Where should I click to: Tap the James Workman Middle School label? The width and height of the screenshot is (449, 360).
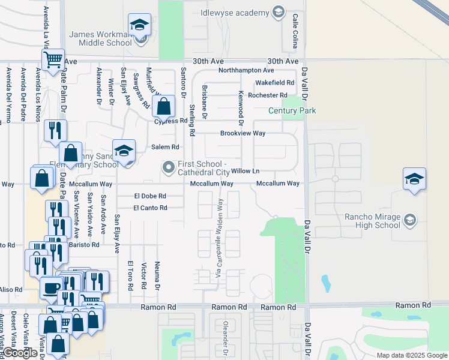[x=100, y=38]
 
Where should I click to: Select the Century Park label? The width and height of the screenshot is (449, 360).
[x=292, y=110]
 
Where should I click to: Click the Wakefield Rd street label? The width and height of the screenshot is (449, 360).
[x=274, y=83]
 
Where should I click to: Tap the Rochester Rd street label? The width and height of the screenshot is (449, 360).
[x=268, y=95]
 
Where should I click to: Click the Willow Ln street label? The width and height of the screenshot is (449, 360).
[x=245, y=171]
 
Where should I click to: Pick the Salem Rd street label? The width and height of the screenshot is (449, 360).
[x=165, y=146]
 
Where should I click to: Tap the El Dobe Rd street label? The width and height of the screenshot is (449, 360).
[x=150, y=196]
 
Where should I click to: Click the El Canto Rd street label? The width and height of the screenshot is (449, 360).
[x=150, y=208]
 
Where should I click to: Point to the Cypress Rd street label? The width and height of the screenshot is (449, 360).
[x=171, y=121]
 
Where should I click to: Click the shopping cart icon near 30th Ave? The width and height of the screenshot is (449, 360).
[x=53, y=59]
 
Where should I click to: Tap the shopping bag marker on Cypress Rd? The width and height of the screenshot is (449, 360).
[x=163, y=107]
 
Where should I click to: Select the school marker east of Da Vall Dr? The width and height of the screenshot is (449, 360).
[x=414, y=179]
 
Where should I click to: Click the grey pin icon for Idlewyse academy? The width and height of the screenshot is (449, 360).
[x=278, y=12]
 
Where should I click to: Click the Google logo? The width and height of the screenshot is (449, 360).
[x=21, y=353]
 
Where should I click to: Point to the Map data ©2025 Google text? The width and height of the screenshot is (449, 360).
[x=411, y=355]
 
